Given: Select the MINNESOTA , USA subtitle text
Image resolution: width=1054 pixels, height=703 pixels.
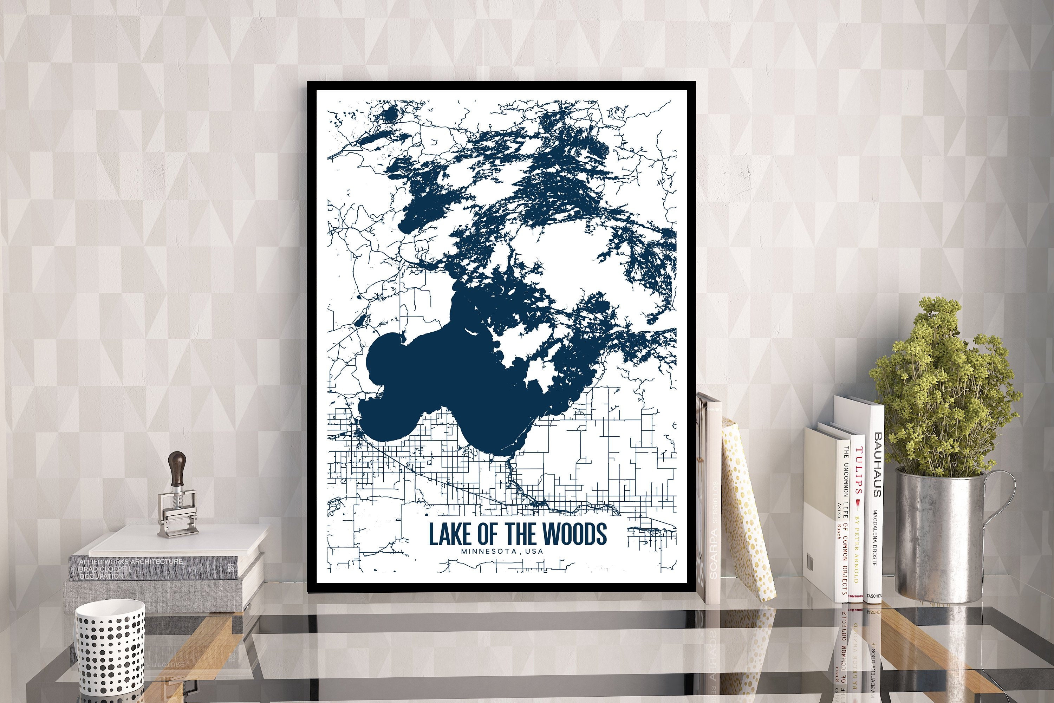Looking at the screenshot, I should (x=502, y=551).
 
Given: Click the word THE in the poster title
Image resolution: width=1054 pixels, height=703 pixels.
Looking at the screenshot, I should (x=522, y=534).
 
